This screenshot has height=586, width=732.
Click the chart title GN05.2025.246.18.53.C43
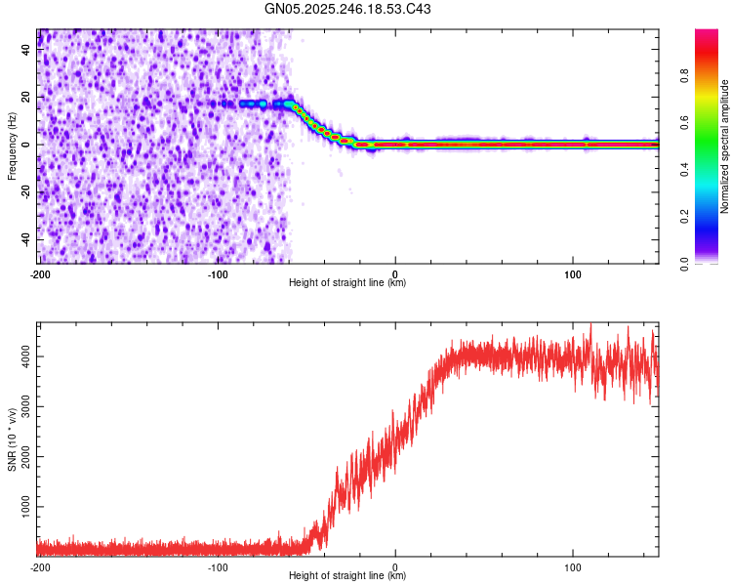(x=348, y=10)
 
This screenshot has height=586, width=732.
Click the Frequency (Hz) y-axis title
(x=12, y=146)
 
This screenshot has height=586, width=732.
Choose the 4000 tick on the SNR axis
(x=21, y=356)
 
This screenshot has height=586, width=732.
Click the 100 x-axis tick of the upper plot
(x=574, y=274)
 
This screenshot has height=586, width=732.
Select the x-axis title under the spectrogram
(x=347, y=283)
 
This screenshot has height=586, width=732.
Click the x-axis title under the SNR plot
(x=347, y=576)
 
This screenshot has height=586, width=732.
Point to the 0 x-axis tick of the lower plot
(x=395, y=566)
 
